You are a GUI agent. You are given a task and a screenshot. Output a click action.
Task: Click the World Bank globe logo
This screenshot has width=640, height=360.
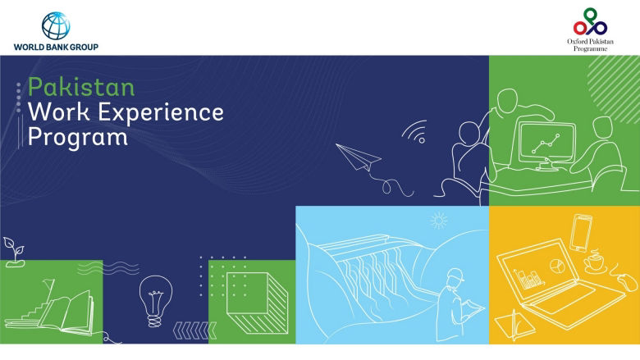(55, 25)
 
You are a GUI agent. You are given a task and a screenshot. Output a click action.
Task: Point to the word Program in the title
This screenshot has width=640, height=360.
(78, 137)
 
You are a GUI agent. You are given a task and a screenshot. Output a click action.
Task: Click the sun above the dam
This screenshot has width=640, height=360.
(440, 220)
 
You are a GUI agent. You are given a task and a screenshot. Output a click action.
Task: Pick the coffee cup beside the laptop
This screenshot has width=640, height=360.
(593, 264)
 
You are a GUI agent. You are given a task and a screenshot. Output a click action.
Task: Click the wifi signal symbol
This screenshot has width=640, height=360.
(415, 134)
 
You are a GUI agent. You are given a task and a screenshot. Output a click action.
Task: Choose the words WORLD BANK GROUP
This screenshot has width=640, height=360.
(56, 48)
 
